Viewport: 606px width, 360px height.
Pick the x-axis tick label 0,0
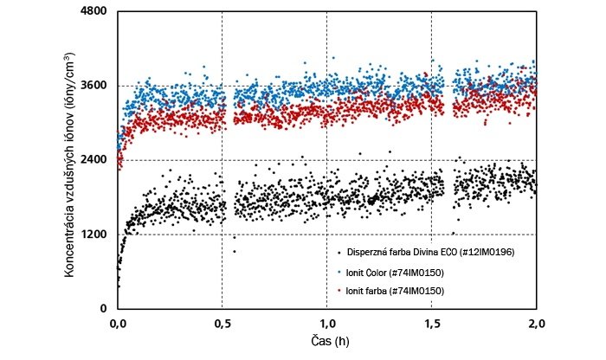click(119, 324)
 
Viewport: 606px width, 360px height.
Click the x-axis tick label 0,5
click(222, 324)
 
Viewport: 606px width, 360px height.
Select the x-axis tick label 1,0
click(327, 324)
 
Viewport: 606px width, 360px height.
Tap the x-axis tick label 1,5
click(432, 324)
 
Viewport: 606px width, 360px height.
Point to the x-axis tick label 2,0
click(536, 324)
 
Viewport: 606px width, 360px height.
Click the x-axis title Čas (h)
click(326, 343)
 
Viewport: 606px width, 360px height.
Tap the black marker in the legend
click(338, 253)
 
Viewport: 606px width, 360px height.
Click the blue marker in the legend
click(338, 273)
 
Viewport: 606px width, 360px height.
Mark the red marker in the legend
click(338, 292)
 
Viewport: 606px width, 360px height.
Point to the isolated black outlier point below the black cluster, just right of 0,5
click(234, 251)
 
